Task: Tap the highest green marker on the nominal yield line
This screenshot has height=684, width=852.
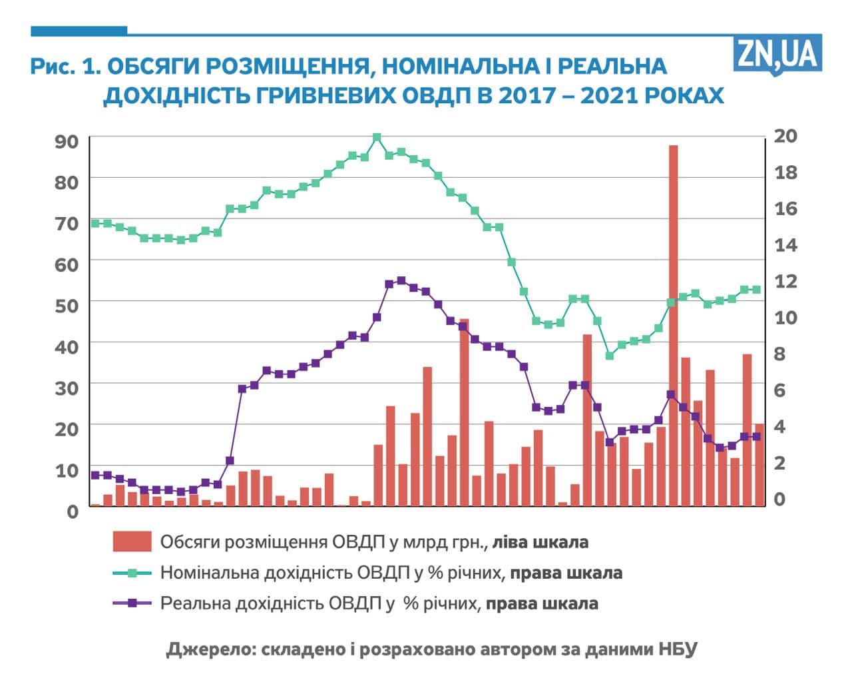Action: (x=377, y=138)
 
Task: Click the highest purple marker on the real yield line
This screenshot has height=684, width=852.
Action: (x=401, y=281)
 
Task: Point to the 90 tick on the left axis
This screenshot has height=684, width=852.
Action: (x=67, y=141)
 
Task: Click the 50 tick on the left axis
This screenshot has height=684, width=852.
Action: (x=67, y=305)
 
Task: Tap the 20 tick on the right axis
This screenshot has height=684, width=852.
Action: (x=785, y=136)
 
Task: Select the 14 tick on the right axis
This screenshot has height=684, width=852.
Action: (x=785, y=244)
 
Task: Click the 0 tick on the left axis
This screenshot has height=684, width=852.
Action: (x=73, y=511)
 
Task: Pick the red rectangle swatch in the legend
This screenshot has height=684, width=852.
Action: (x=132, y=541)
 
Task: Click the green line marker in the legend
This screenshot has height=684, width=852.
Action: (x=132, y=573)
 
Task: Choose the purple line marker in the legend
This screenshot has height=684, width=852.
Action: (x=132, y=603)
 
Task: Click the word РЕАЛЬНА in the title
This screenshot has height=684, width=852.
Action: (x=612, y=66)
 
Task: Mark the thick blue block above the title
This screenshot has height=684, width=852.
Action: (x=79, y=31)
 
